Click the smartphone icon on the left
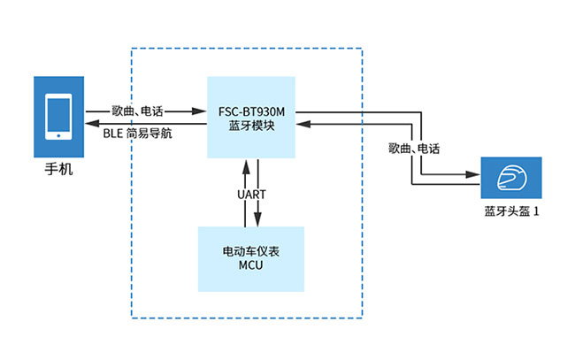[58, 118]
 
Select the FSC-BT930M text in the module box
[250, 112]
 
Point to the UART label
[251, 194]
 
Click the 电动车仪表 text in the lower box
[250, 251]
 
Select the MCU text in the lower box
[250, 265]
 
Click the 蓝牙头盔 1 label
[511, 211]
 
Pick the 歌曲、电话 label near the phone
[138, 111]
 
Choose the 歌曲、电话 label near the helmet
[414, 148]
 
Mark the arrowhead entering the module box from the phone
[202, 111]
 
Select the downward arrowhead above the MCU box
[257, 221]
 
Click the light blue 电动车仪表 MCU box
[250, 259]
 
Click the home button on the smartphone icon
[58, 136]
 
